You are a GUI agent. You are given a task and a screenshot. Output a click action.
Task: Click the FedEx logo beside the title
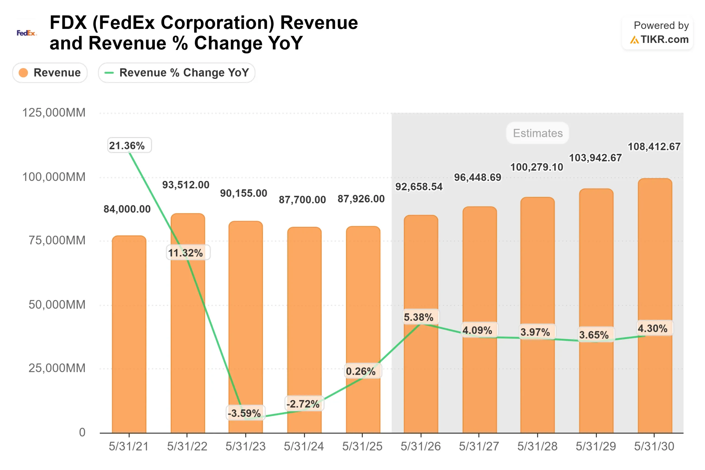pos(26,33)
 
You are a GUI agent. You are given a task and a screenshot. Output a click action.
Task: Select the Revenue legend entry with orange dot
pos(50,72)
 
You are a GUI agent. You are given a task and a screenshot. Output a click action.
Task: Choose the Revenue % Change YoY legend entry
pos(177,72)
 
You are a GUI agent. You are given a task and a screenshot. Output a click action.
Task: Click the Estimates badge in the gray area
pos(538,133)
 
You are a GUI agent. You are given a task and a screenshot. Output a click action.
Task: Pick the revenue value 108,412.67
pos(654,146)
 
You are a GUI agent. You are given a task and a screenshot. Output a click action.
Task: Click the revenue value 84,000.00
pos(127,209)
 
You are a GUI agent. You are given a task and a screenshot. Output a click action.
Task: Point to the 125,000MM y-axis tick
pos(54,113)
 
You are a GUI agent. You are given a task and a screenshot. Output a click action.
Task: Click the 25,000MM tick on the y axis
pos(57,368)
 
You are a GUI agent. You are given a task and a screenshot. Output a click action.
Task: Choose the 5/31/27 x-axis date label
pos(479,446)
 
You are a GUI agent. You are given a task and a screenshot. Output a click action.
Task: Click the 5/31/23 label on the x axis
pos(245,446)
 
